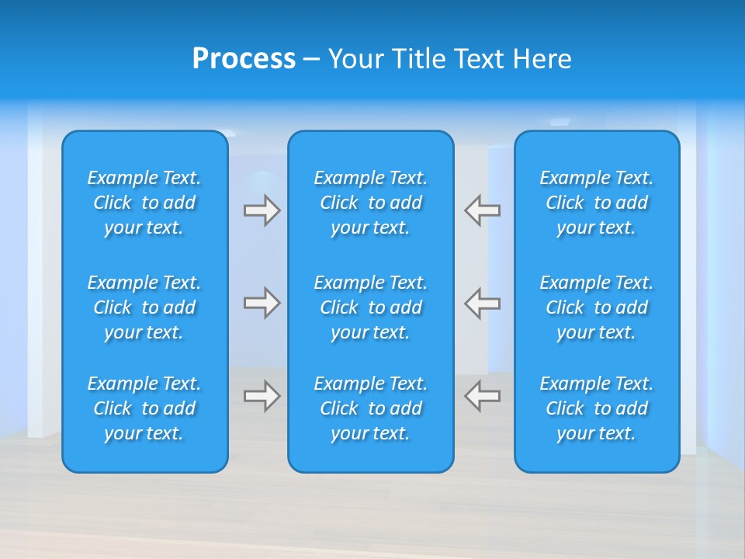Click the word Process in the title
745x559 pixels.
244,59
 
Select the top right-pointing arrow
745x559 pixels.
262,210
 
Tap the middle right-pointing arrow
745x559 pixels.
262,303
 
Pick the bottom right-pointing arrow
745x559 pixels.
262,395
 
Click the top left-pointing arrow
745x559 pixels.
483,210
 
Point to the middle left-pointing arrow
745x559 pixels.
483,303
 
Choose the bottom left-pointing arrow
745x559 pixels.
483,395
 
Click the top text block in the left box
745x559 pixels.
144,203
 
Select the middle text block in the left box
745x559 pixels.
144,307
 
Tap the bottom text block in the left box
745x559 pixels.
144,408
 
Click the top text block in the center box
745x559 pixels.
371,203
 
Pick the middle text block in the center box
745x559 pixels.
371,307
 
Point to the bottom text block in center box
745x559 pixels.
371,408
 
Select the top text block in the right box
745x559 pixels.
597,203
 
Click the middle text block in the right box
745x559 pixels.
597,307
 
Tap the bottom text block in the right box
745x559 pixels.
597,408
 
